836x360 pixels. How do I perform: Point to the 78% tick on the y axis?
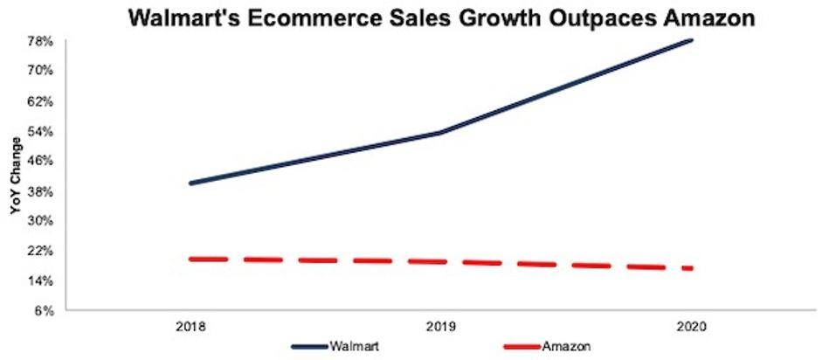click(x=43, y=41)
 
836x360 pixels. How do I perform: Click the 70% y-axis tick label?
click(x=43, y=71)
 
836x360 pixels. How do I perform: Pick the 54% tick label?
click(x=43, y=131)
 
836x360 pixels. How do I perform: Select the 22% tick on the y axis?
click(x=43, y=251)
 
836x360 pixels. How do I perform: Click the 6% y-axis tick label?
click(x=45, y=311)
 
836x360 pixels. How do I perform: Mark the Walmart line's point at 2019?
click(x=440, y=133)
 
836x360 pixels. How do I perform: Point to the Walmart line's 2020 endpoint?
click(x=692, y=40)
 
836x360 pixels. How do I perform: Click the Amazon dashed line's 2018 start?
click(x=190, y=259)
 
